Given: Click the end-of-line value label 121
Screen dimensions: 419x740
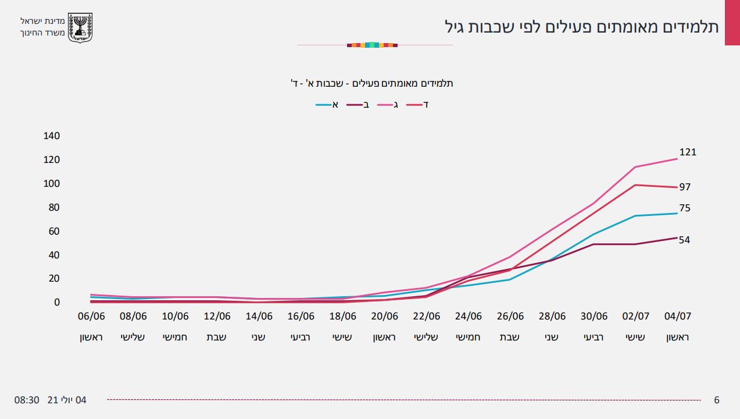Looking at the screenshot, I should tap(687, 152).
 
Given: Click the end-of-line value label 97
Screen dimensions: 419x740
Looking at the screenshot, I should tap(685, 187).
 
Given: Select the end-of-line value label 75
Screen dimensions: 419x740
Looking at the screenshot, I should tap(685, 208).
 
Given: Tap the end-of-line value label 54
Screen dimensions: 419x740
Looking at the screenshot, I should tap(685, 240).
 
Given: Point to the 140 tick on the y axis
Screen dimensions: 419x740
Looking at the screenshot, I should tap(52, 136).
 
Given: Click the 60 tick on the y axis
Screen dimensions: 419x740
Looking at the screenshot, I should tap(54, 231).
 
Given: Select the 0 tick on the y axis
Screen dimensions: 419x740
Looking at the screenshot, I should tap(57, 302).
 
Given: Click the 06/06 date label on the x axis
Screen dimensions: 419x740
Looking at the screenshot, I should tap(91, 317).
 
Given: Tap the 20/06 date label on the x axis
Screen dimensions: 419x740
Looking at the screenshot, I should tap(384, 317).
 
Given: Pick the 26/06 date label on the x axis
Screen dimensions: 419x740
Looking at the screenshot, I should tap(510, 317).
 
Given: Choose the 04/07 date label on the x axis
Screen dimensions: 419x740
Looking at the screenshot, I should tap(677, 317).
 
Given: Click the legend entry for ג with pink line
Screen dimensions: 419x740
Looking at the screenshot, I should tap(389, 105).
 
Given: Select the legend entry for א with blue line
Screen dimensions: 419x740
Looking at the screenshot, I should tap(327, 105).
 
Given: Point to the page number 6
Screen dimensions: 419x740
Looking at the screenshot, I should tap(717, 400).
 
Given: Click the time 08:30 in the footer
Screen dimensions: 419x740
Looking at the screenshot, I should tap(27, 400).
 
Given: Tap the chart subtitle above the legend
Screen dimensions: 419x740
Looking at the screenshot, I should tap(372, 83).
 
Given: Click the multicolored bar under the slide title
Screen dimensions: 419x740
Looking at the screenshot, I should tap(372, 45).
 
